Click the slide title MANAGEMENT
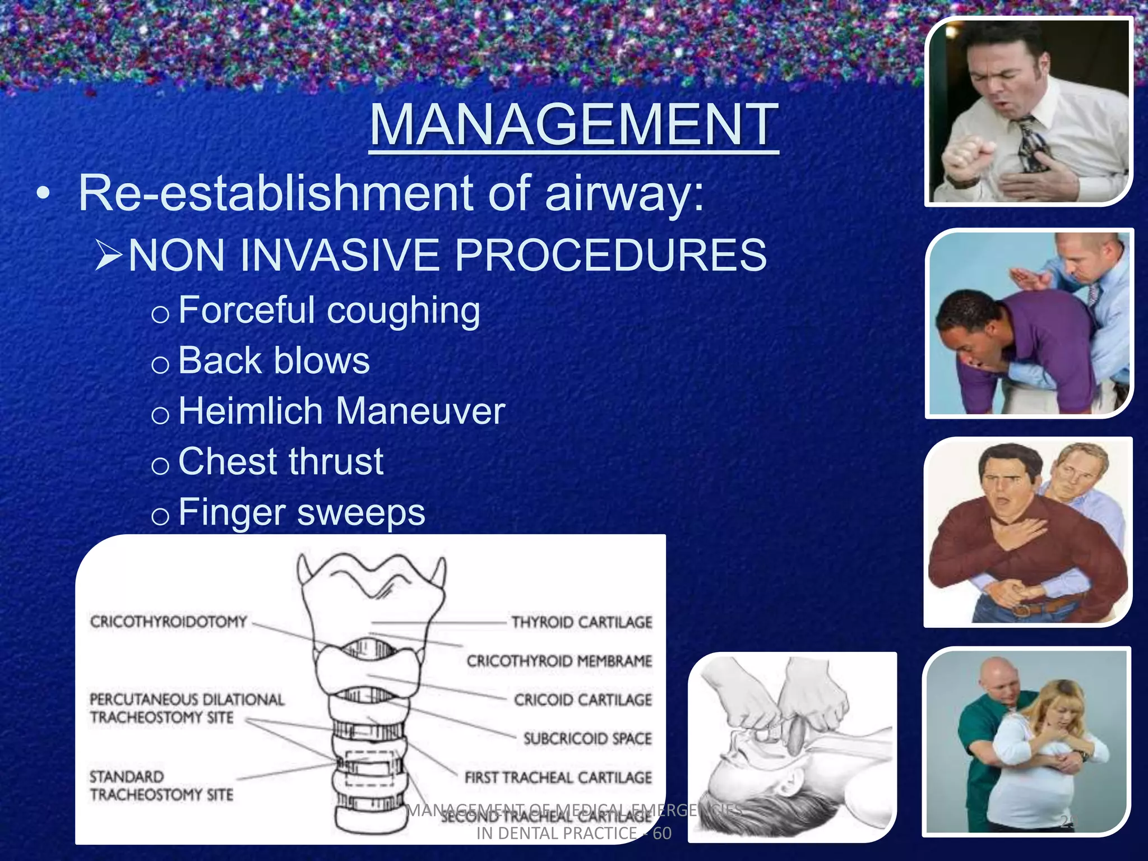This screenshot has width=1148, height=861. coord(573,124)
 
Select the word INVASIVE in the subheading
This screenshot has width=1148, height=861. coord(334,256)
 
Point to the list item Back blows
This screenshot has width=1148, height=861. coord(274,360)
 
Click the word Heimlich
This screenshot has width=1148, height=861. coord(251,411)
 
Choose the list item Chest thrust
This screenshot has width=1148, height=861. coord(280,461)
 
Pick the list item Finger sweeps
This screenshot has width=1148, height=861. coord(302,512)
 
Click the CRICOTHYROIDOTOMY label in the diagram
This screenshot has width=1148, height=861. coord(168,622)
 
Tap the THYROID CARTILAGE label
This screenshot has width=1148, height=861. coord(582,622)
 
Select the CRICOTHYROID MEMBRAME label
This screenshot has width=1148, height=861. coord(559,661)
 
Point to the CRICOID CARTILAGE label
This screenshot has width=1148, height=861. coord(583,700)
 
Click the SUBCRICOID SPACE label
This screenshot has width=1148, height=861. coord(587,739)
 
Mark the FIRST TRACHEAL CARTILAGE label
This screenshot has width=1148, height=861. coord(558,778)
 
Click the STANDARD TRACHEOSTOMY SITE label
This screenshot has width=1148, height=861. coord(161,785)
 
